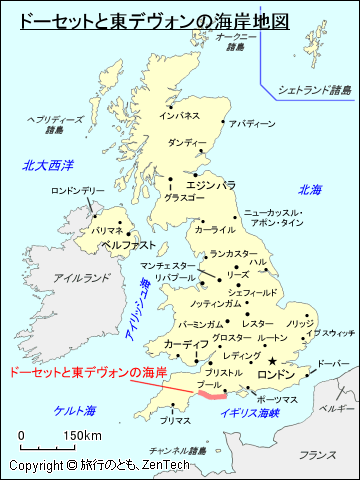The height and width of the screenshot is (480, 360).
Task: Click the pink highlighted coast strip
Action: pyautogui.click(x=211, y=395)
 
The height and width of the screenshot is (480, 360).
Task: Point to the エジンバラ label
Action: pyautogui.click(x=211, y=185)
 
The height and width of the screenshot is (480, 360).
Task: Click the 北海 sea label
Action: pyautogui.click(x=309, y=190)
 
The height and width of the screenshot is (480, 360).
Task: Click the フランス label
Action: pyautogui.click(x=317, y=454)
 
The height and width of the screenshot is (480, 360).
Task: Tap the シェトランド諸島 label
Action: pyautogui.click(x=315, y=90)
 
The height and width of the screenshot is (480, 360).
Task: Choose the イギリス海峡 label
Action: pyautogui.click(x=249, y=411)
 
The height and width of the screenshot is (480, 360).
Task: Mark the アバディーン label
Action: pyautogui.click(x=251, y=124)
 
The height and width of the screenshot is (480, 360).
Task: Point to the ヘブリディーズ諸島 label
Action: pyautogui.click(x=54, y=123)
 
